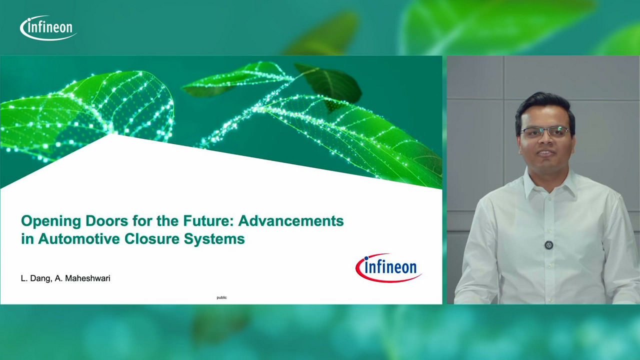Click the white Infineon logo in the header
(48, 27)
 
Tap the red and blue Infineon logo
(388, 267)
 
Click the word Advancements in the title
(291, 221)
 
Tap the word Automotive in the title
(79, 239)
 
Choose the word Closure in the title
(151, 239)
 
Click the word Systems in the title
(214, 239)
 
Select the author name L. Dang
(36, 278)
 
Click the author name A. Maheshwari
(82, 278)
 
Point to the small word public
(221, 297)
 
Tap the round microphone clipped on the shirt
(548, 245)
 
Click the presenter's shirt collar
(549, 183)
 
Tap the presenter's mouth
(544, 153)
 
